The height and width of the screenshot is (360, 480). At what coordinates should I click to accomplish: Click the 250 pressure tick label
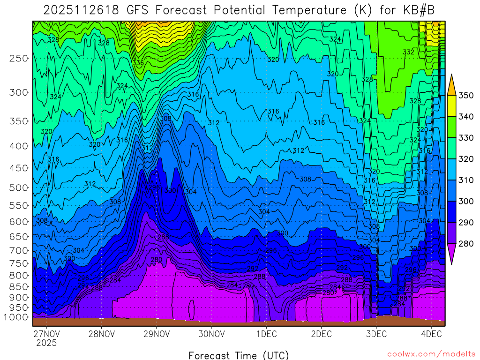(19, 59)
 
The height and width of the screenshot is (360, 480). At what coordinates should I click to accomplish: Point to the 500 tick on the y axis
(19, 188)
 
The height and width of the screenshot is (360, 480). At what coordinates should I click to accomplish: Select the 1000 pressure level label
(17, 317)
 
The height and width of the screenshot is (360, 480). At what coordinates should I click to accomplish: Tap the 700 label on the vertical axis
(19, 251)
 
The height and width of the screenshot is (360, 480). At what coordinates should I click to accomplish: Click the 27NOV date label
(47, 334)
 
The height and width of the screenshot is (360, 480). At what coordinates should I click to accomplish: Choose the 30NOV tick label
(211, 334)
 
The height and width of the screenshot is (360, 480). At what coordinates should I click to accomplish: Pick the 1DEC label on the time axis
(266, 334)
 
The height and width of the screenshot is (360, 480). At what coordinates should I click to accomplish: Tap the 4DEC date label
(431, 334)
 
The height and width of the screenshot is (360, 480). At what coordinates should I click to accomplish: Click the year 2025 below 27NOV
(47, 343)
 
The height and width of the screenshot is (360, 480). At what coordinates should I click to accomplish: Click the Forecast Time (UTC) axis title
(239, 355)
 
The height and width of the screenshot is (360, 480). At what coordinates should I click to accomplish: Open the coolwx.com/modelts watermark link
(431, 354)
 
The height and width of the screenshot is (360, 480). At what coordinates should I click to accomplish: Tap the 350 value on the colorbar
(466, 96)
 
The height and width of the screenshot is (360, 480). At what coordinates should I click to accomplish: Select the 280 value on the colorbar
(466, 244)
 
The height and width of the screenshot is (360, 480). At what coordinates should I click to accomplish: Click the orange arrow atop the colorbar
(452, 84)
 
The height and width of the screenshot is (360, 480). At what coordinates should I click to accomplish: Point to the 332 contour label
(408, 52)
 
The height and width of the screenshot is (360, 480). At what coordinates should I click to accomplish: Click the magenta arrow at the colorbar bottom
(452, 255)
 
